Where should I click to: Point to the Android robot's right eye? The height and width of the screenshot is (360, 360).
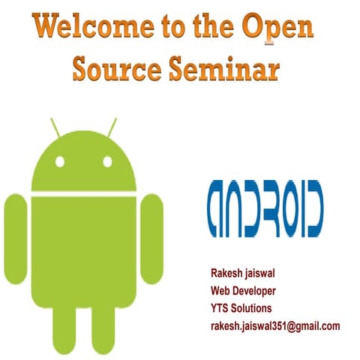click(106, 160)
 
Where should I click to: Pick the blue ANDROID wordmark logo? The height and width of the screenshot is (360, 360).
click(265, 205)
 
